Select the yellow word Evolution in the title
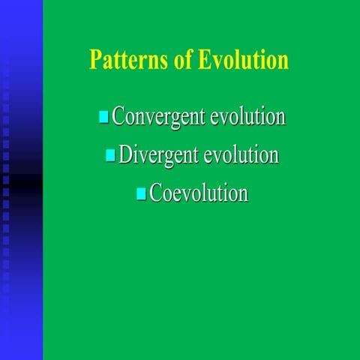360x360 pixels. pos(242,60)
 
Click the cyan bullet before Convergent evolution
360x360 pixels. pos(103,118)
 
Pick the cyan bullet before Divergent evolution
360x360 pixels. pos(110,155)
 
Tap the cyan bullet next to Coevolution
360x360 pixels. pos(141,193)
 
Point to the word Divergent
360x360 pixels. pos(158,155)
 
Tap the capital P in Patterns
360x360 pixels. pos(94,60)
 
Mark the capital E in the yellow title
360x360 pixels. pos(203,60)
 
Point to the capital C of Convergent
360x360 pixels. pos(118,118)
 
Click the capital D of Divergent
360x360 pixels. pos(125,155)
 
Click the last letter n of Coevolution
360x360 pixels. pos(243,194)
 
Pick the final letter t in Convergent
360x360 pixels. pos(203,118)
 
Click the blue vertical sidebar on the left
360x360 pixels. pos(21,180)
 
